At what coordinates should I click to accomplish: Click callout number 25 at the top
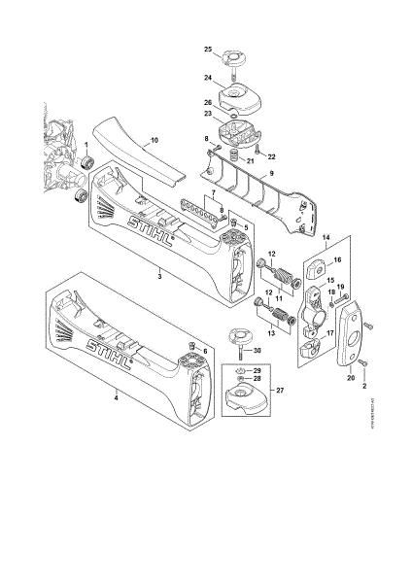pyautogui.click(x=207, y=49)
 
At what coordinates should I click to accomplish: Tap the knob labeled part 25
pyautogui.click(x=233, y=54)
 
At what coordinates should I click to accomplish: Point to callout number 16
pyautogui.click(x=338, y=261)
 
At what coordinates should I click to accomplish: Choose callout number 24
pyautogui.click(x=207, y=78)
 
